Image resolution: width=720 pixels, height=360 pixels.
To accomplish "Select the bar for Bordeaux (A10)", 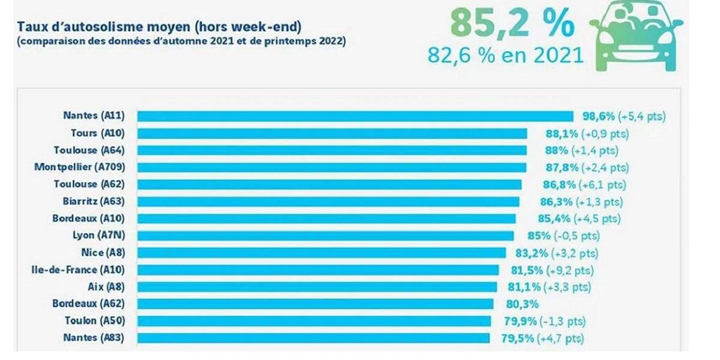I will (326, 218).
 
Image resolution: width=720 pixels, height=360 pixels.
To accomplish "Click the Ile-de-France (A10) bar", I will (318, 270).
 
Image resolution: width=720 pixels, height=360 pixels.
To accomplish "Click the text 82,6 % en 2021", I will (506, 55).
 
